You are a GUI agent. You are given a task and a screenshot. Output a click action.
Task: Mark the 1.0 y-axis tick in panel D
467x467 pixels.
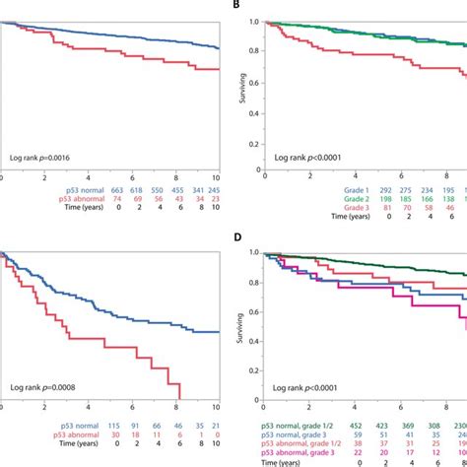coord(253,253)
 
